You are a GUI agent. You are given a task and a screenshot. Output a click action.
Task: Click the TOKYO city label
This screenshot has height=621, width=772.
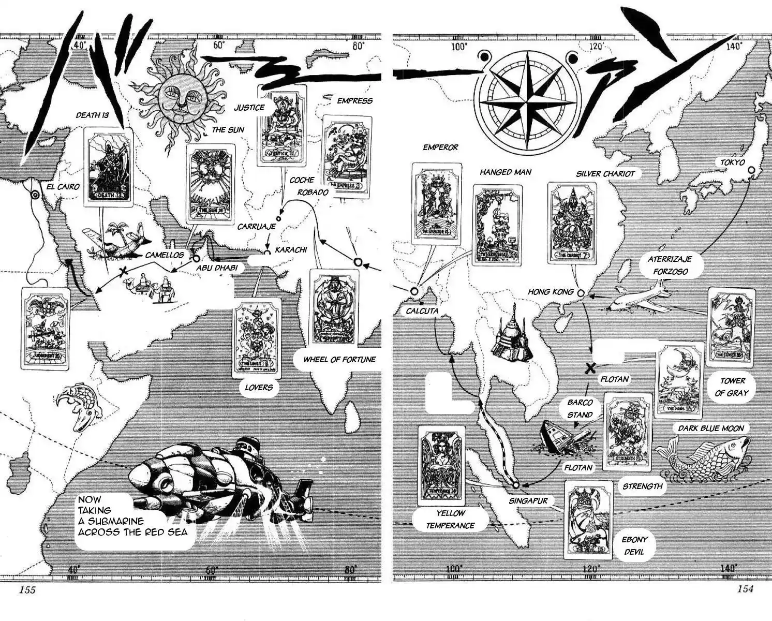coord(733,162)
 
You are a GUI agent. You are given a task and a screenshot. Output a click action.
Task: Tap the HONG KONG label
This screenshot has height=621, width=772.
coord(551,292)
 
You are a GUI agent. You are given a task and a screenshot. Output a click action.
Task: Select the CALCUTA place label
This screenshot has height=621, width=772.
coord(422,311)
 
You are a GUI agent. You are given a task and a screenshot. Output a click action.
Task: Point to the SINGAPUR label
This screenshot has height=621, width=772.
coord(527,501)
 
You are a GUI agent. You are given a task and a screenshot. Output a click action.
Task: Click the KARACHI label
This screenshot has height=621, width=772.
coord(291,250)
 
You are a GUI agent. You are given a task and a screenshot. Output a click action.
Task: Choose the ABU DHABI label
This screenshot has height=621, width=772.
coord(217,268)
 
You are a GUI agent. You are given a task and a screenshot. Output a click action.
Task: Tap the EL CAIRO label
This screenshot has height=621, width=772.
coord(63,186)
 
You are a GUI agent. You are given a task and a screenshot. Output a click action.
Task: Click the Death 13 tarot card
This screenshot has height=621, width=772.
coord(108,167)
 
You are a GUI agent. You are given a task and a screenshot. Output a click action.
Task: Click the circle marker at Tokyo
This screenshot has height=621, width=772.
coord(751,170)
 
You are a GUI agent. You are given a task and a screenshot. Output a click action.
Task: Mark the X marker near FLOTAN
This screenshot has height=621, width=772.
coord(589,368)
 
